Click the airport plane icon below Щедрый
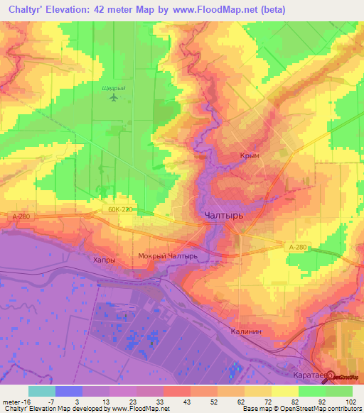pyautogui.click(x=114, y=97)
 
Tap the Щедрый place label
pyautogui.click(x=114, y=88)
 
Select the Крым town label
pyautogui.click(x=249, y=156)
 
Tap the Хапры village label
pyautogui.click(x=104, y=260)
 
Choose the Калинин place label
pyautogui.click(x=247, y=331)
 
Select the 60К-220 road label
pyautogui.click(x=122, y=211)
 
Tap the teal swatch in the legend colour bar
pyautogui.click(x=41, y=391)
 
